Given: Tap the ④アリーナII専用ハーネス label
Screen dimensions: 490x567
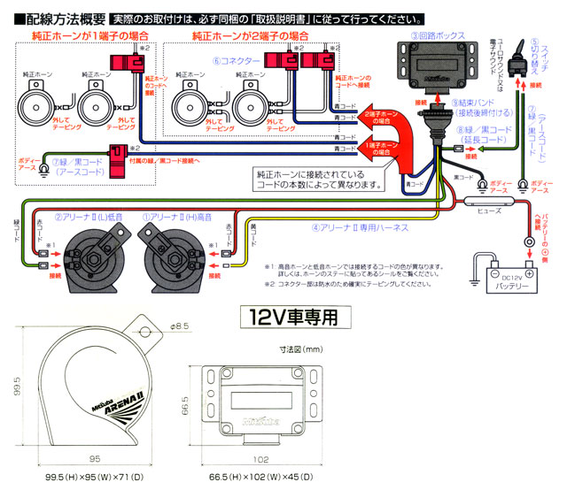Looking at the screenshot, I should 360,227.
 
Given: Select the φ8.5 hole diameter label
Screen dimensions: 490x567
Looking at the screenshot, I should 181,326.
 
